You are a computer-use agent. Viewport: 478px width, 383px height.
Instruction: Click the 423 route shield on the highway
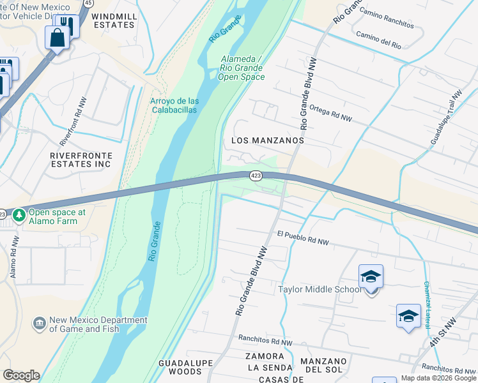[x=255, y=176]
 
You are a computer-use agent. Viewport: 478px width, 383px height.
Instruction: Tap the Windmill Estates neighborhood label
[x=113, y=20]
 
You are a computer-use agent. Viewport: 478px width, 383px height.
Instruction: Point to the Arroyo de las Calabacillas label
[x=174, y=105]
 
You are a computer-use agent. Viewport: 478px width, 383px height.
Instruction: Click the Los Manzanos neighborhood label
[x=272, y=140]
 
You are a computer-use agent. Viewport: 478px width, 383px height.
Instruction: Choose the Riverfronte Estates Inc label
[x=81, y=160]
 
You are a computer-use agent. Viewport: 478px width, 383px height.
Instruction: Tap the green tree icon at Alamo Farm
[x=19, y=216]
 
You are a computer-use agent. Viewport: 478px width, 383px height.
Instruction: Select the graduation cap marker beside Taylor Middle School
[x=371, y=277]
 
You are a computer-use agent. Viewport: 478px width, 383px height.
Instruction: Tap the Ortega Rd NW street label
[x=330, y=113]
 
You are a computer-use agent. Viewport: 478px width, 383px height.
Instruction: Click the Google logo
[x=21, y=375]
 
